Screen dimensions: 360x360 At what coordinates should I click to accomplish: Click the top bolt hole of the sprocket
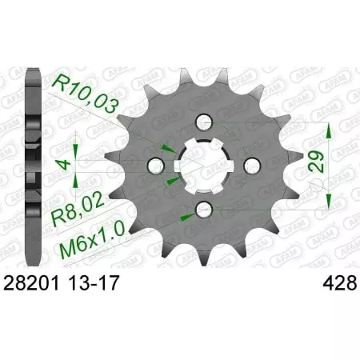pos(203,121)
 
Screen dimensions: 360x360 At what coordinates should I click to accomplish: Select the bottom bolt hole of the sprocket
pos(203,210)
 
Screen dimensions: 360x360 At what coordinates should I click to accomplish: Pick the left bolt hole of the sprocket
pos(158,166)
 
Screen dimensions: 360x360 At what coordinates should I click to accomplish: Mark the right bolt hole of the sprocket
pos(250,166)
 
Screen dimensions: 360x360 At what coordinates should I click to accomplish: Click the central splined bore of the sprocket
pos(203,166)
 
